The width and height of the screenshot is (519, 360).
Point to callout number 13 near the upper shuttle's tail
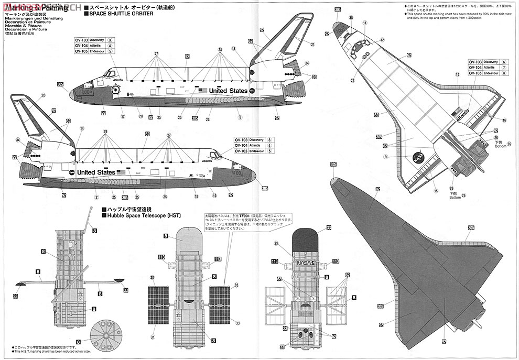point(233,49)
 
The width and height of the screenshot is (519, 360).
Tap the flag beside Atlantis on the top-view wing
point(458,110)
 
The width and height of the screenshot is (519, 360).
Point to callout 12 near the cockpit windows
point(382,40)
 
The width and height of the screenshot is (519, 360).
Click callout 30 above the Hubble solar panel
point(153,277)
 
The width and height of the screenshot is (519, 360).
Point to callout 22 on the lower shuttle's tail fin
point(43,95)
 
